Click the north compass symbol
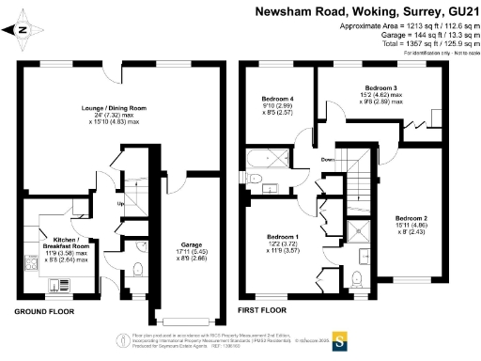[21, 30]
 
